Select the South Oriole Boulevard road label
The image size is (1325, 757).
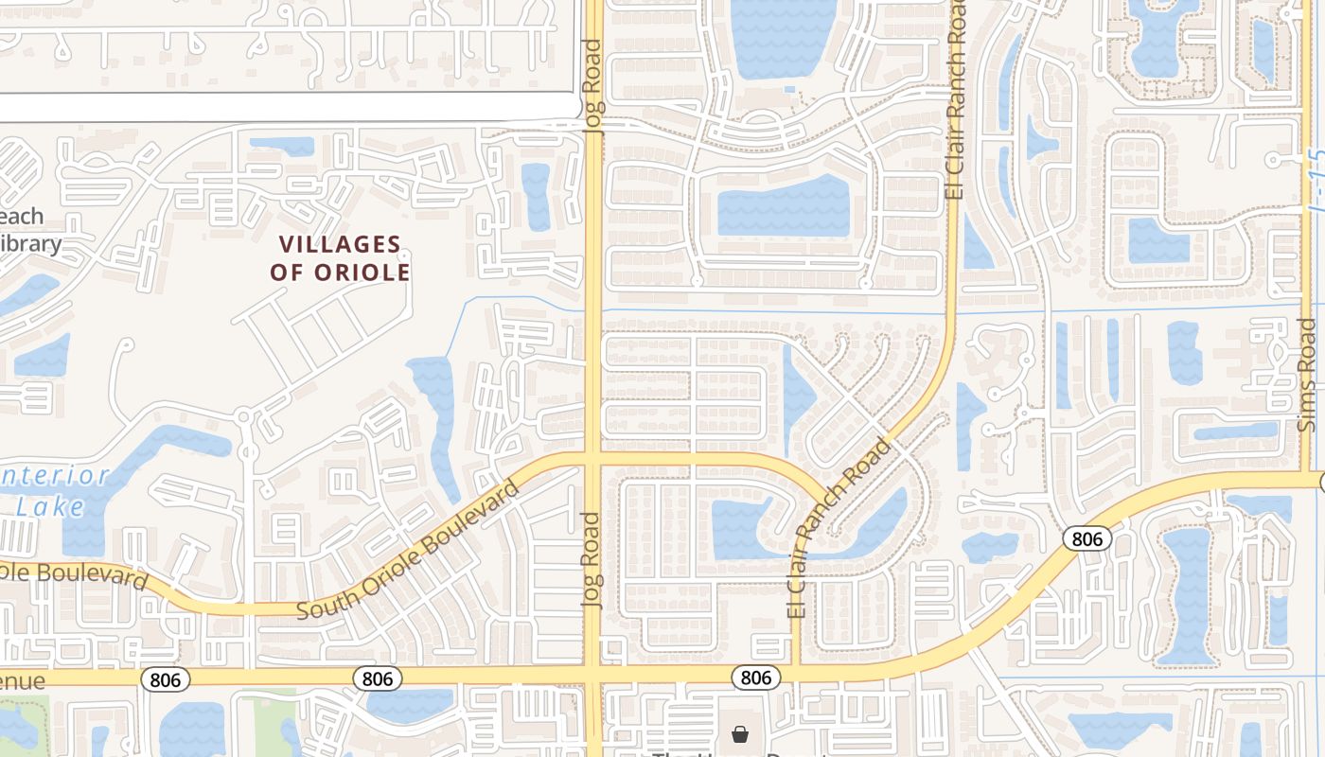pos(409,551)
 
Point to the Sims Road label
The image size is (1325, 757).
pos(1307,375)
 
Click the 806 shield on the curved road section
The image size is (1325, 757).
pos(1086,539)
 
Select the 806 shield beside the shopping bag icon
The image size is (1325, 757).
pos(756,678)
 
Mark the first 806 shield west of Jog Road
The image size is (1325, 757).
pos(378,678)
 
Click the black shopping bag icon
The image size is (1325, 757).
pos(739,734)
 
